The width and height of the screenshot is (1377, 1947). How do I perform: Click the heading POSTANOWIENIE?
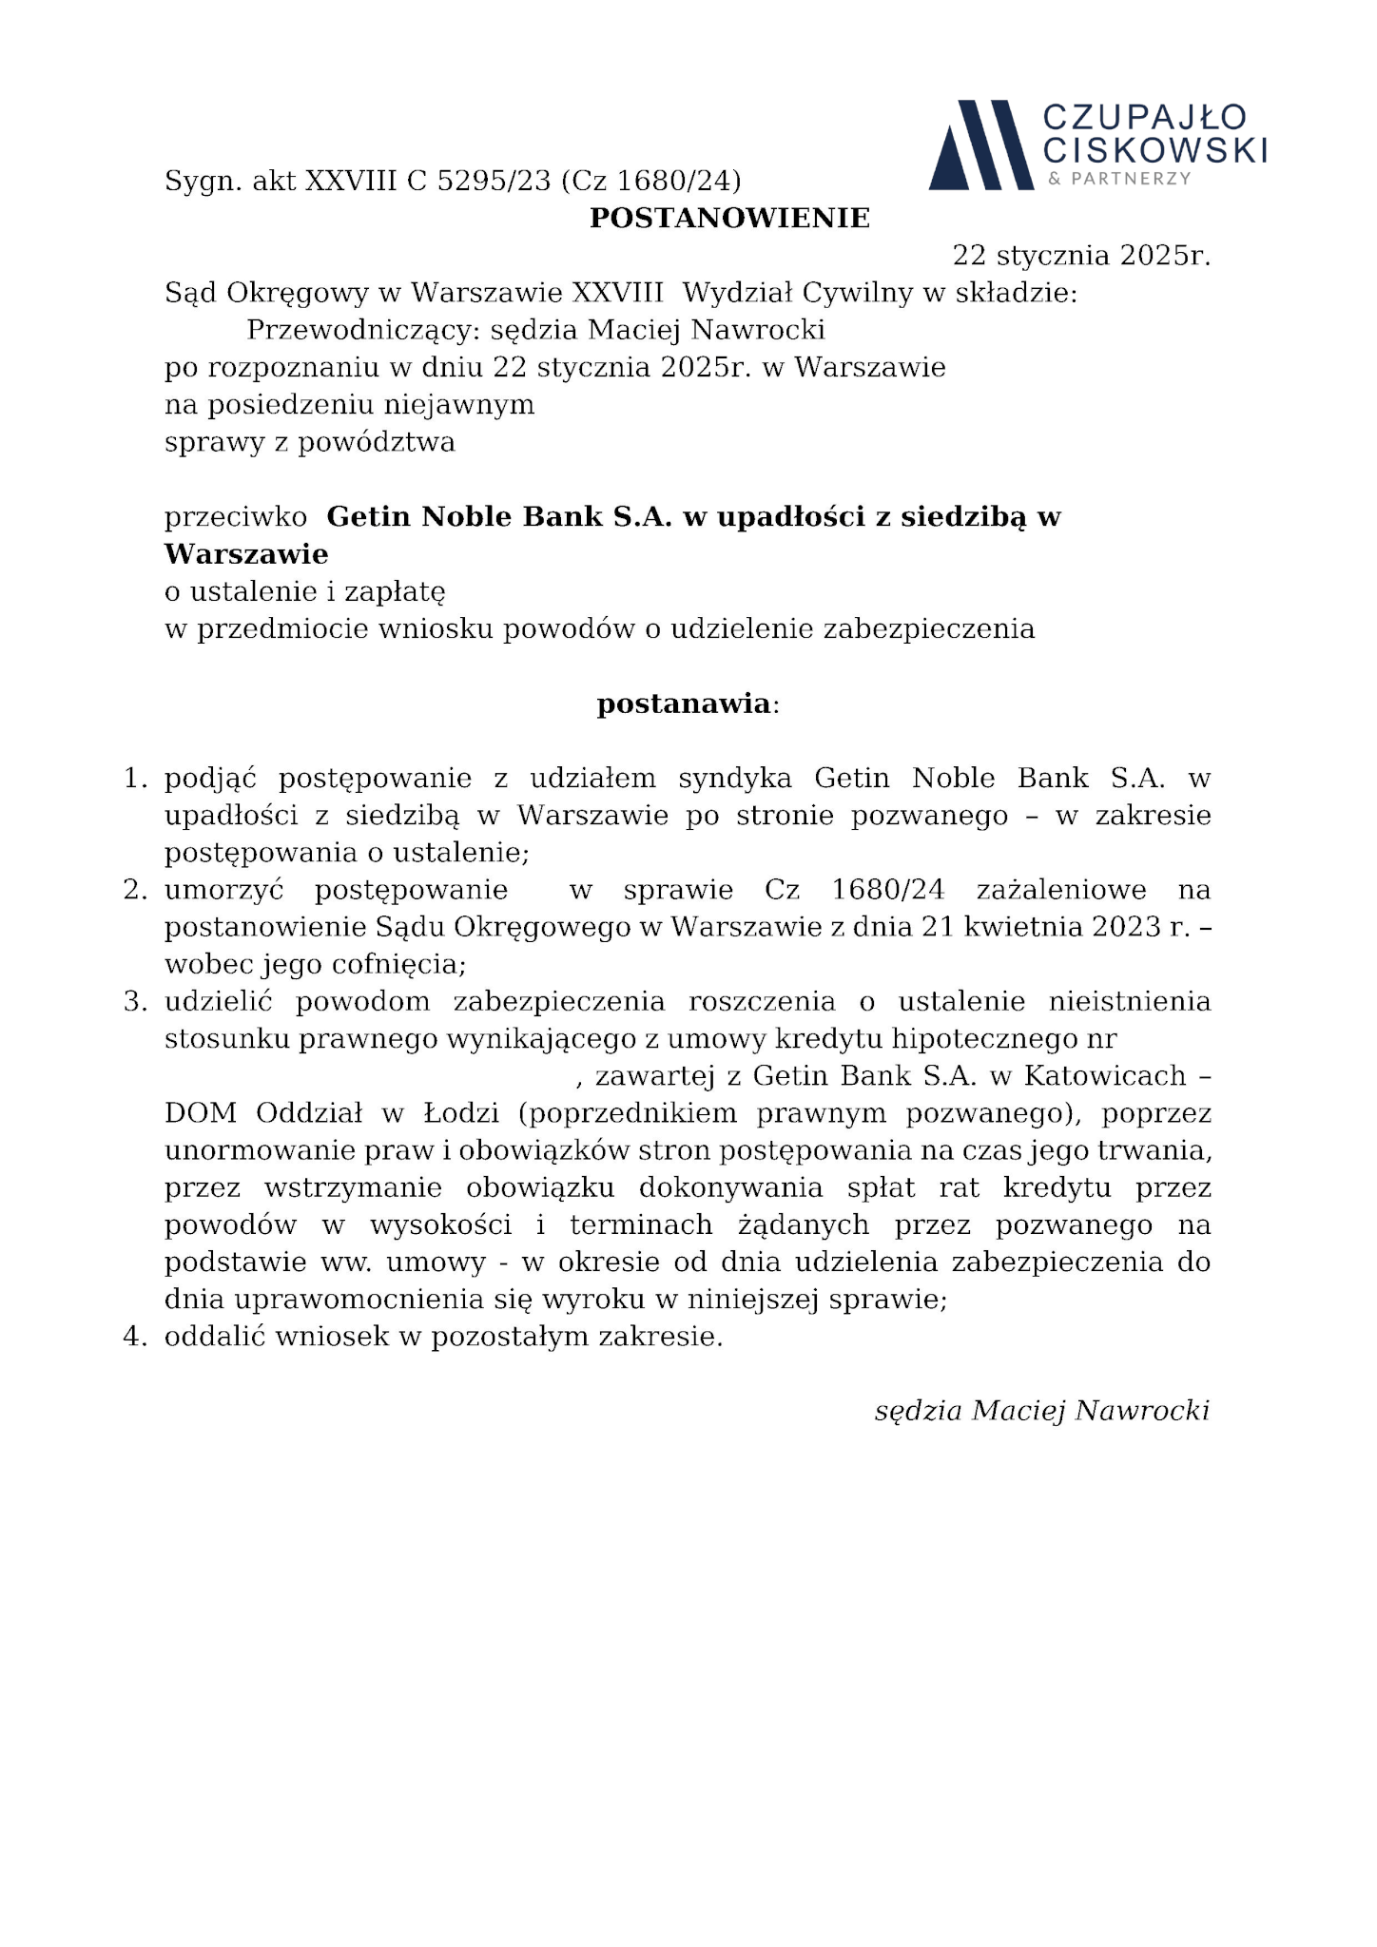pos(729,219)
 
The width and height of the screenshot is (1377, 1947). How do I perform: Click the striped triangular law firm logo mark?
pos(979,145)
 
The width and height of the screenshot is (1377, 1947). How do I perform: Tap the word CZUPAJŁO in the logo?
pos(1144,118)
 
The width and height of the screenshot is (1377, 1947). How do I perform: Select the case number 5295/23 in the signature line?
pos(494,181)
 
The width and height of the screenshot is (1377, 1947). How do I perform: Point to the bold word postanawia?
pos(683,704)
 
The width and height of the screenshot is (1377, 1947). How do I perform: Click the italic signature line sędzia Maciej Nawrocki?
pos(1041,1411)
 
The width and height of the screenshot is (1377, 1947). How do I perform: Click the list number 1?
pos(135,780)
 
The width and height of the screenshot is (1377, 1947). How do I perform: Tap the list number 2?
pos(135,891)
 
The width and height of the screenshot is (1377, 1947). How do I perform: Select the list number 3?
pos(135,1002)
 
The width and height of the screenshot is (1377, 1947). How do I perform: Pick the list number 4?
pos(135,1337)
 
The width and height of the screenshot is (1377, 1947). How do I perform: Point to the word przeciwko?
pos(236,517)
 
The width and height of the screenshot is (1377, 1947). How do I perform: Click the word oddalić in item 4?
pos(215,1337)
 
